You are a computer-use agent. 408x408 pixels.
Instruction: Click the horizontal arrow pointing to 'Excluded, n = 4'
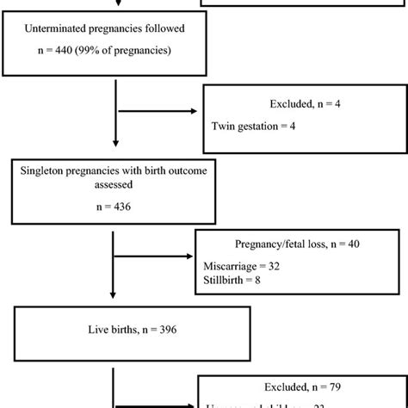158,111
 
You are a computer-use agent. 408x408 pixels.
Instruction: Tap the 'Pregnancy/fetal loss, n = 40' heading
287,244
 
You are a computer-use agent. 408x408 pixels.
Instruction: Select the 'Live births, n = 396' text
114,331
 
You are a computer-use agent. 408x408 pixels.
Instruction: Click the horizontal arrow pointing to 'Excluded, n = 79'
156,405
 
